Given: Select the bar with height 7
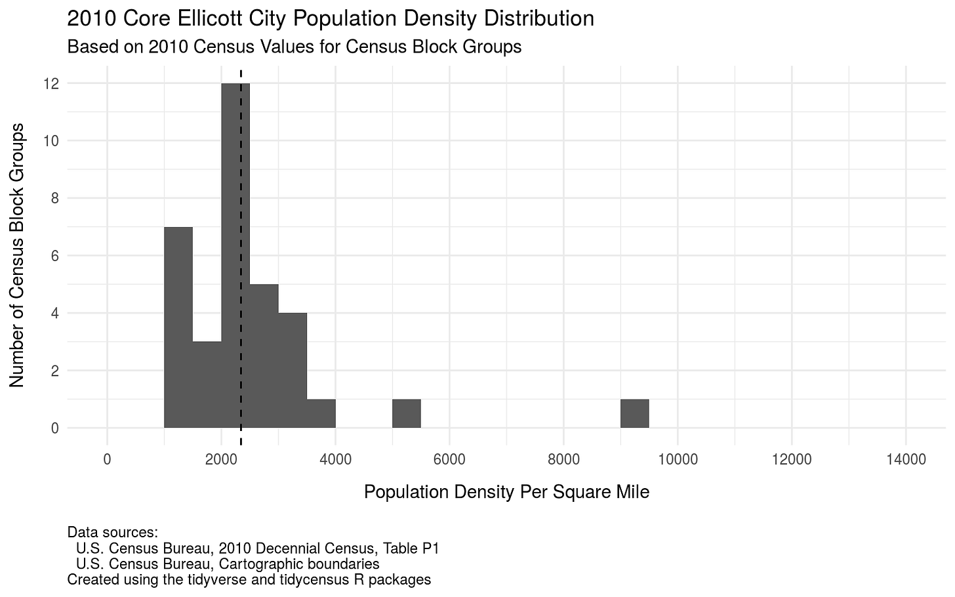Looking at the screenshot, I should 178,328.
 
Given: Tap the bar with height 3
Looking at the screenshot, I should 207,384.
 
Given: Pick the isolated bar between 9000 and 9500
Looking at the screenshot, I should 635,413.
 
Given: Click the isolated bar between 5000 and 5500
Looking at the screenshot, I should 407,413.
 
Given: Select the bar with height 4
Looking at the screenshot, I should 293,371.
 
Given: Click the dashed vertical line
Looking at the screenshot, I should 241,197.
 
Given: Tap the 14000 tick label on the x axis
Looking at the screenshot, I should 906,460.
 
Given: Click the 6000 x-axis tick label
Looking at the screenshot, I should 450,460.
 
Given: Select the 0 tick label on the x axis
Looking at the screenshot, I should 108,460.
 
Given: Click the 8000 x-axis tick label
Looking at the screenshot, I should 564,460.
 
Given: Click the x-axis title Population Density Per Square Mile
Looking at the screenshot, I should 506,492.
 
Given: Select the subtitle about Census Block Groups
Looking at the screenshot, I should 294,47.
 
